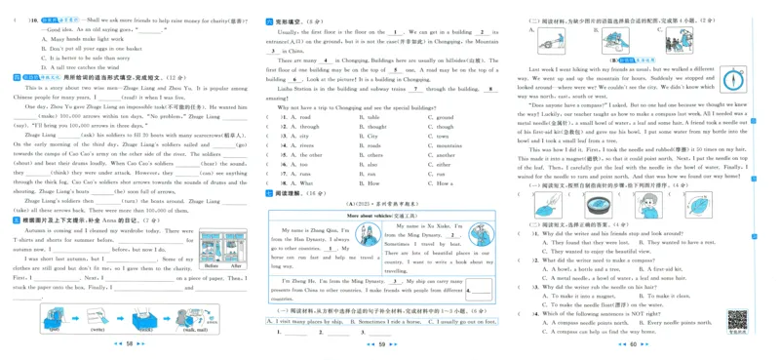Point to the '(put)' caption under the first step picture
[x=56, y=330]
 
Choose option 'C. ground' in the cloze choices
[x=445, y=127]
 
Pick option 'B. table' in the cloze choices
[x=374, y=117]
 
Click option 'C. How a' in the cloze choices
[x=446, y=182]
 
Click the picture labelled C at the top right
[x=682, y=39]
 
